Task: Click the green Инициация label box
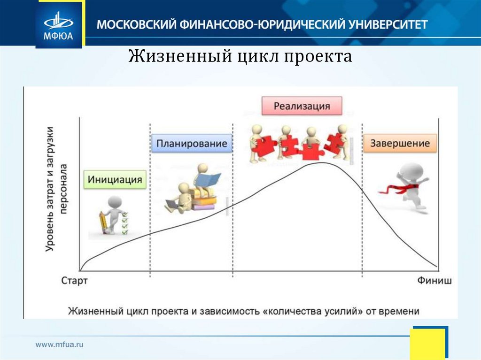pos(115,179)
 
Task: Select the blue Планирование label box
pos(192,143)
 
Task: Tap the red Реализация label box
pos(302,106)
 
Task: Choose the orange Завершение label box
pos(400,143)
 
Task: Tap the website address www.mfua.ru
pos(60,345)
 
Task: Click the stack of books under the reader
pos(203,199)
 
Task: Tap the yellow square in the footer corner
pos(427,344)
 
